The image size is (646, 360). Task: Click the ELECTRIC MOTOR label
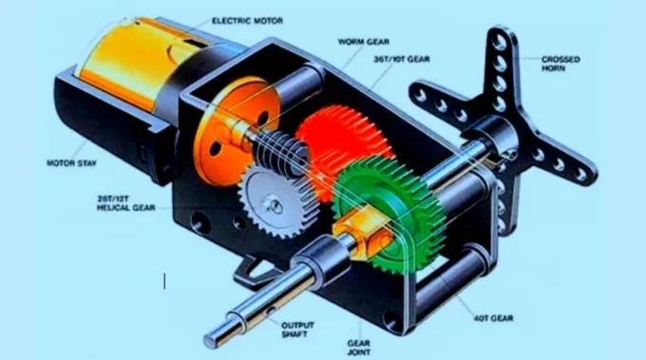click(247, 21)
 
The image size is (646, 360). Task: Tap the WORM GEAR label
click(363, 42)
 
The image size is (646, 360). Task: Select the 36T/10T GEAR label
click(402, 59)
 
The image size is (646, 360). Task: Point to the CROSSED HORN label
click(560, 64)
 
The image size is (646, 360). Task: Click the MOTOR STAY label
click(71, 163)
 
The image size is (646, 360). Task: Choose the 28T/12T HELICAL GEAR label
click(126, 203)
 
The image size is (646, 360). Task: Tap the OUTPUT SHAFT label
click(297, 330)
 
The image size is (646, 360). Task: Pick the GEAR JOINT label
click(358, 348)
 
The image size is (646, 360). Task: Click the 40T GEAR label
click(493, 318)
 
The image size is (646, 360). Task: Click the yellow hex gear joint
click(363, 233)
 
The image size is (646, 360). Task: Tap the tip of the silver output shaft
click(209, 340)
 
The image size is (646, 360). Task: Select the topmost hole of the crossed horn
click(501, 41)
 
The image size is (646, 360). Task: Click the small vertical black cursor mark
click(164, 281)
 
